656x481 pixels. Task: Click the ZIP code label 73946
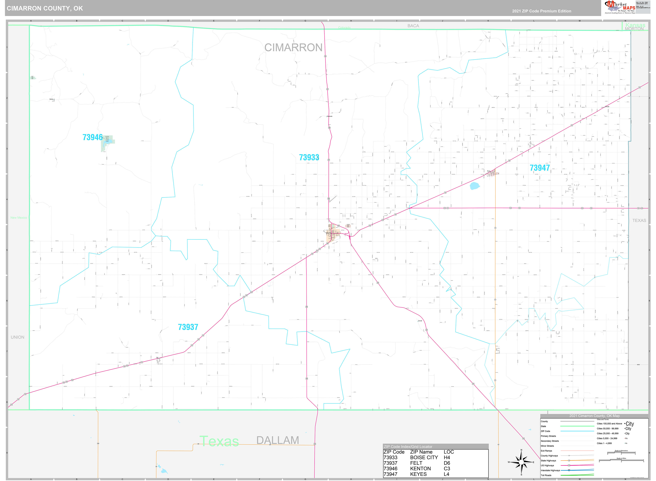[93, 137]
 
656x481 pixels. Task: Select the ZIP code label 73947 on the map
[540, 168]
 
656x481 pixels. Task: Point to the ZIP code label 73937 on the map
[188, 327]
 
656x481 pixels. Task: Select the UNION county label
[17, 337]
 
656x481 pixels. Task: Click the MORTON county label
[634, 29]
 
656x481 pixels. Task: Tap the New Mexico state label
[19, 218]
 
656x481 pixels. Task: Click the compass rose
[521, 462]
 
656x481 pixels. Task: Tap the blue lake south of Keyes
[475, 186]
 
